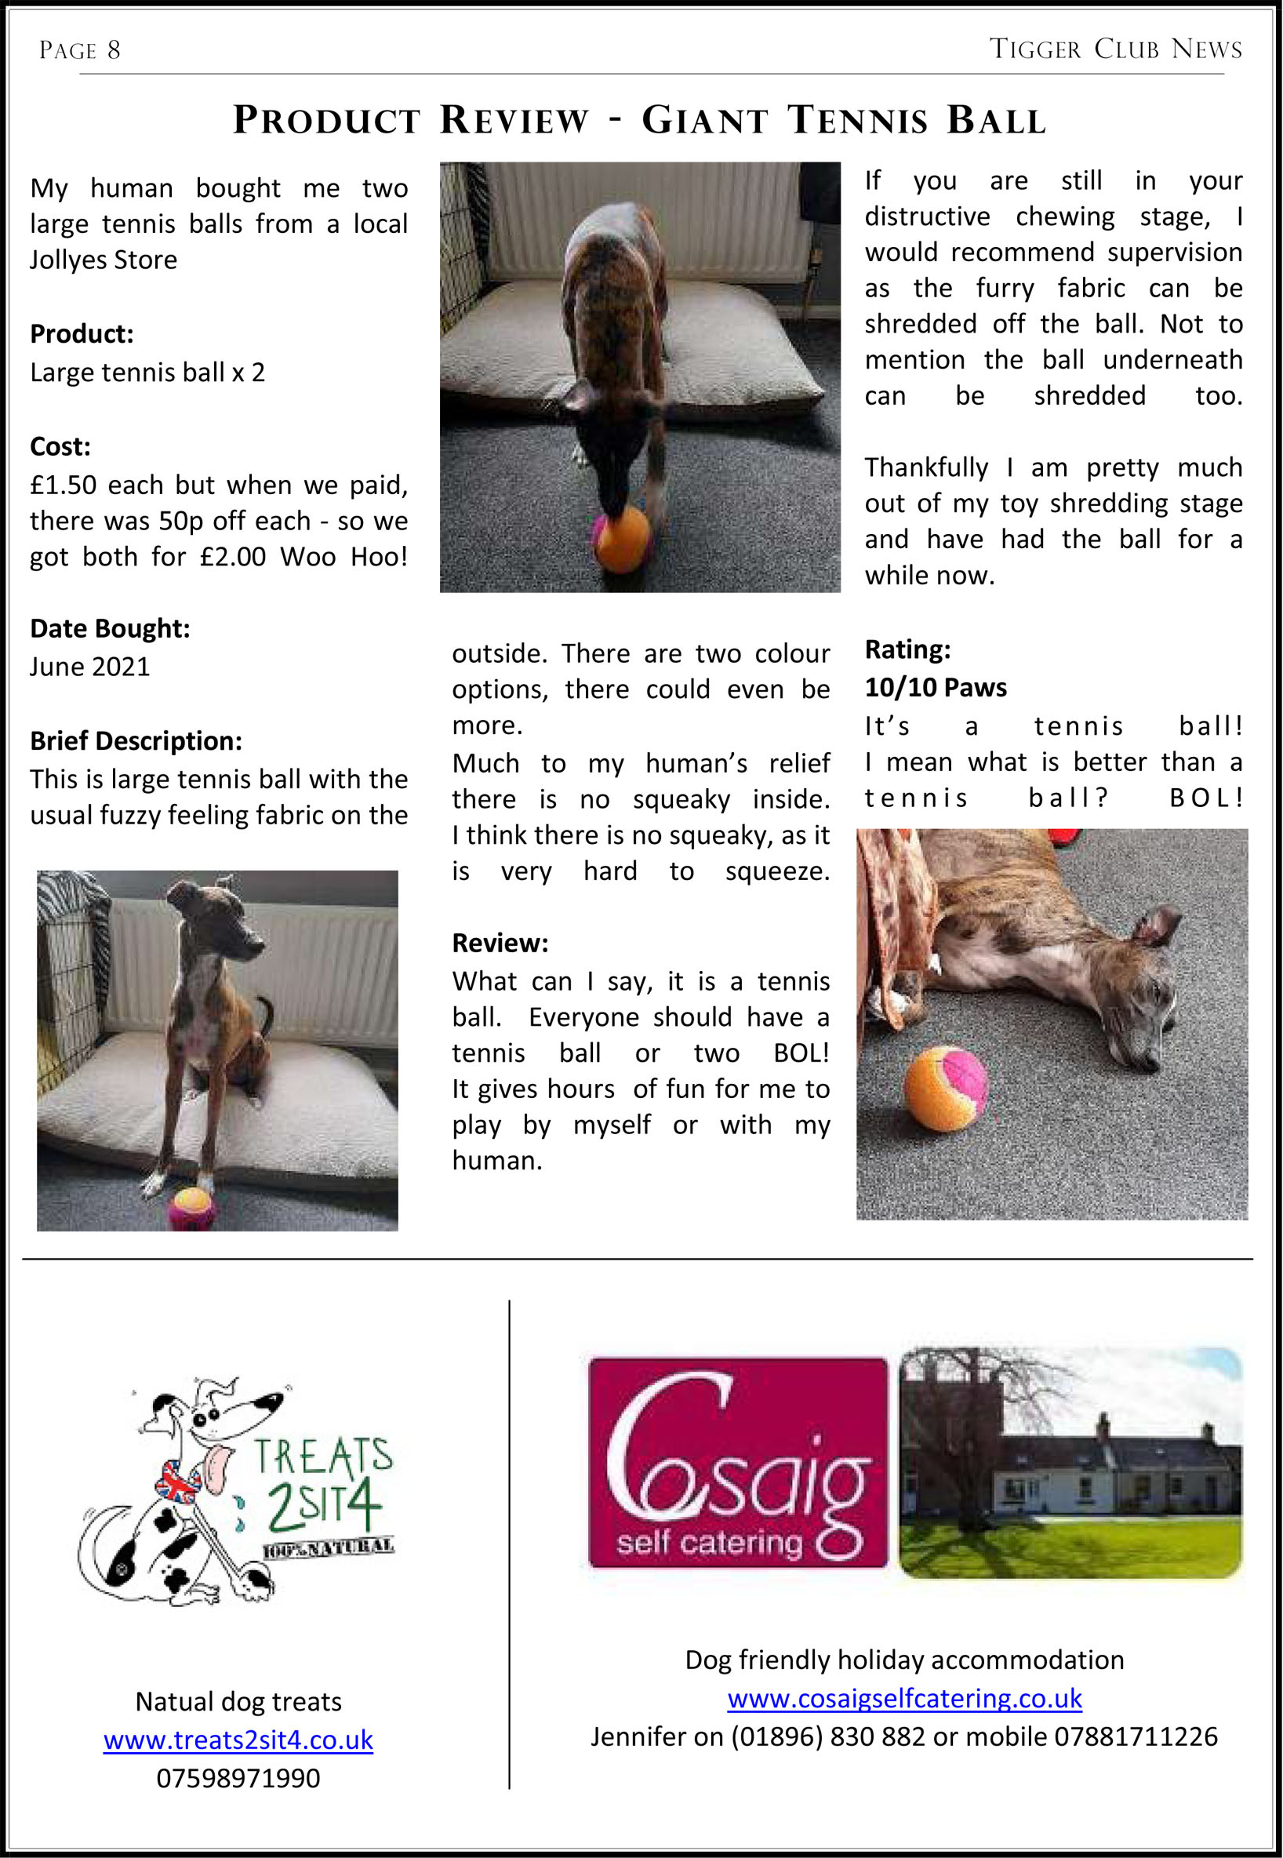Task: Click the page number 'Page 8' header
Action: point(79,51)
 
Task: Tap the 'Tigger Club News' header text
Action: point(1115,49)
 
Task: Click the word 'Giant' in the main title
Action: point(704,121)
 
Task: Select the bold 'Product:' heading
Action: point(82,333)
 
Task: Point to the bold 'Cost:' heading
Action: point(60,446)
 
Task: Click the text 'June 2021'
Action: point(89,667)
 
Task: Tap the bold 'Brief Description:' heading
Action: point(135,740)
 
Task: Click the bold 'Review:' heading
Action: point(500,942)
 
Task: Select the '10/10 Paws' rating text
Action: point(935,687)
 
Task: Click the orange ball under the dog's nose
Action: point(622,538)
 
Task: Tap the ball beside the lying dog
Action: point(945,1088)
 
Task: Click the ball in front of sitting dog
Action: point(191,1208)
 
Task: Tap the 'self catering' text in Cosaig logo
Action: point(709,1541)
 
